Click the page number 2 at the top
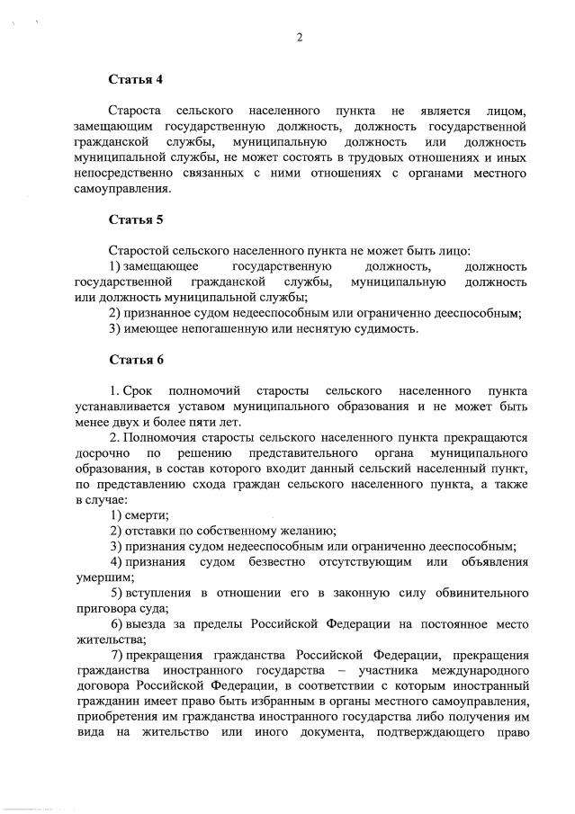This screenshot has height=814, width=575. [299, 37]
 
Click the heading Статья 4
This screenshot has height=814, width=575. [136, 79]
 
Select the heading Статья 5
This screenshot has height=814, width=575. [136, 219]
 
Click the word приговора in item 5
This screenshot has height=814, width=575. [107, 609]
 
